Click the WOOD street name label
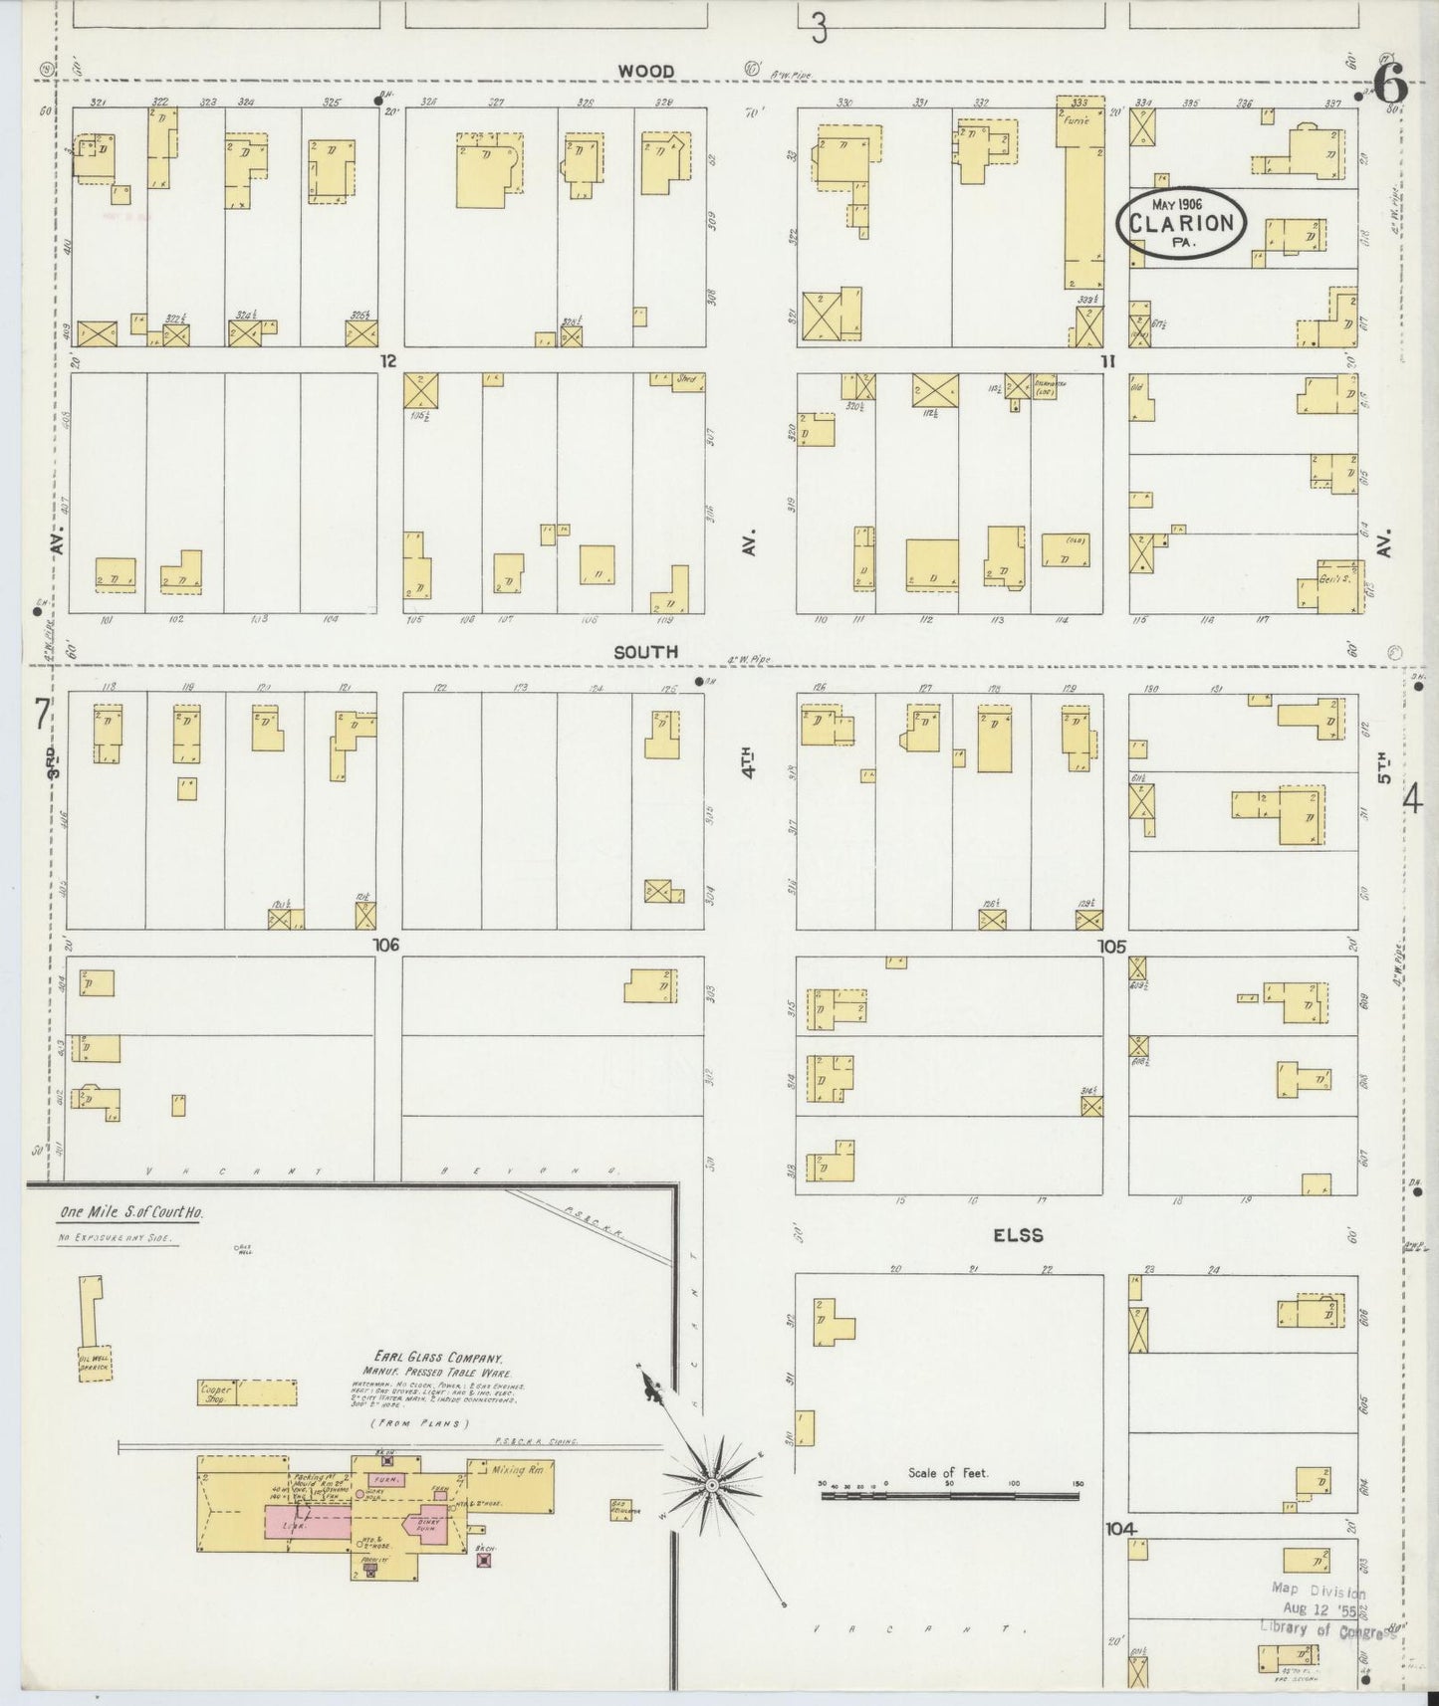click(x=645, y=72)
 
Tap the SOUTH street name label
click(x=645, y=652)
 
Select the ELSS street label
click(x=1017, y=1235)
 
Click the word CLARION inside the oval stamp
click(x=1181, y=224)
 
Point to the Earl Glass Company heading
click(x=438, y=1358)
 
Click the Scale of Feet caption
click(x=947, y=1472)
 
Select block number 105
click(x=1111, y=946)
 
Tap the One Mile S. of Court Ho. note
click(x=130, y=1213)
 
